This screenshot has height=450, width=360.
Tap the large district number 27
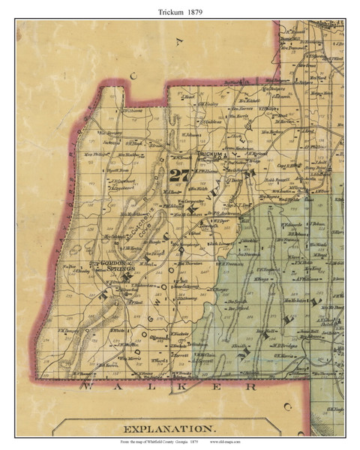[x=179, y=176]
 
